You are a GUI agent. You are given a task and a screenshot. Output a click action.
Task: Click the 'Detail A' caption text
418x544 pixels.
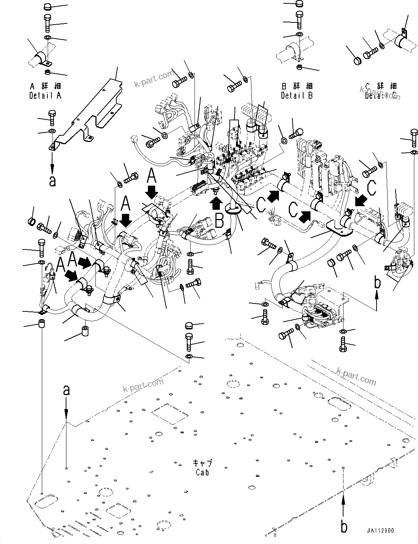45,95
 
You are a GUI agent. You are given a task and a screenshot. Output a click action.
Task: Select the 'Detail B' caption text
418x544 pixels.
297,96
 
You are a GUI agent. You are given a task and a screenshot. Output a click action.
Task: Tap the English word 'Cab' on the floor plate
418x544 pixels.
202,472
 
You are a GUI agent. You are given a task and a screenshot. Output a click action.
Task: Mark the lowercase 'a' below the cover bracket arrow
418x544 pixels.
52,181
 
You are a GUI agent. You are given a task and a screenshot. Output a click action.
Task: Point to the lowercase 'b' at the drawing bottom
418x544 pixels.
344,527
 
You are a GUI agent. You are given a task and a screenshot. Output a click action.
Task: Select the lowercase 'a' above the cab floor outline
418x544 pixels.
66,390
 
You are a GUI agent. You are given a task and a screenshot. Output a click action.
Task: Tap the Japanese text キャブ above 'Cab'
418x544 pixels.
202,464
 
